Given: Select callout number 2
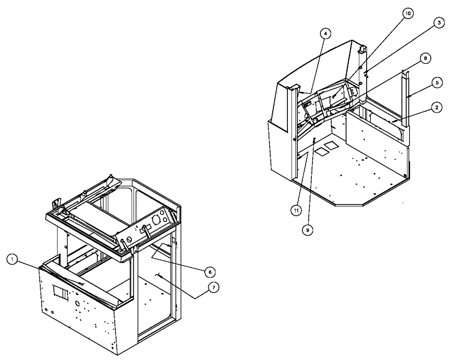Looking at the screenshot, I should (x=436, y=107).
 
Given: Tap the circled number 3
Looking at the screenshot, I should (x=437, y=25).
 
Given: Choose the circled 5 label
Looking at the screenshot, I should (x=437, y=83).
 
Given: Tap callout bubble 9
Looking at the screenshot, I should (x=307, y=229).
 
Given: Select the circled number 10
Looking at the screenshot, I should (x=408, y=14).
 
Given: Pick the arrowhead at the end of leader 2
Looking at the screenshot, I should (x=392, y=122).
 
